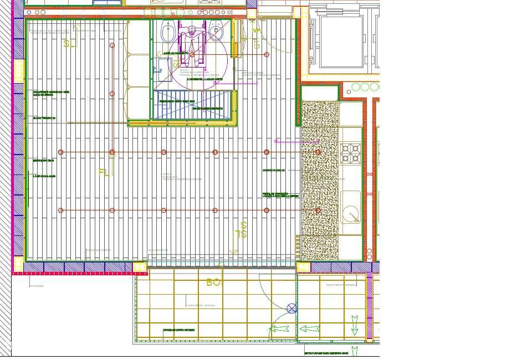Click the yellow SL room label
coord(69,44)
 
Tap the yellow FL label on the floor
coord(103,172)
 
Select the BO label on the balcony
coord(213,282)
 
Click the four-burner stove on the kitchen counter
coord(350,153)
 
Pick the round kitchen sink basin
coord(350,213)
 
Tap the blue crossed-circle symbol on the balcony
coord(292,308)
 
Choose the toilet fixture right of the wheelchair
coord(217,33)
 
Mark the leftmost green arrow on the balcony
coord(279,330)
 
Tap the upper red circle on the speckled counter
coord(318,152)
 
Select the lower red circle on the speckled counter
coord(318,210)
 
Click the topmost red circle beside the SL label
coord(112,45)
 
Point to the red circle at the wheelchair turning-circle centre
coord(192,55)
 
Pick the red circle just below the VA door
coord(267,55)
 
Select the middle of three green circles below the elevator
coord(365,87)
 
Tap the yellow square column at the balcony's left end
coord(140,268)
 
